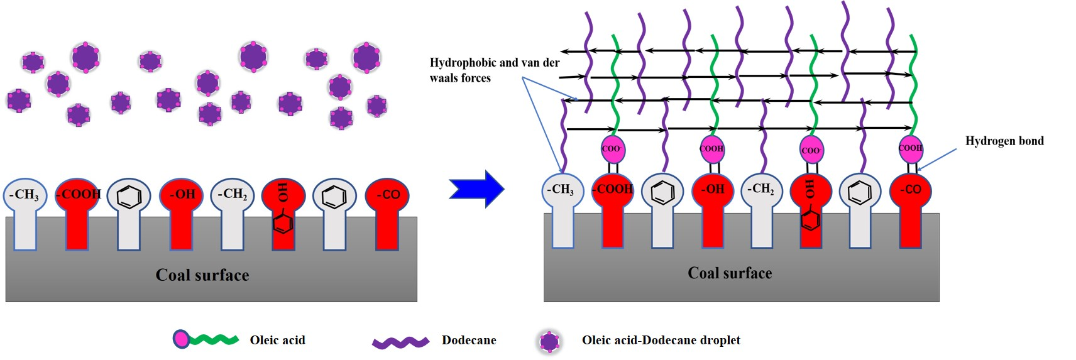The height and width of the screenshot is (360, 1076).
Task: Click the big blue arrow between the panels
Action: click(476, 188)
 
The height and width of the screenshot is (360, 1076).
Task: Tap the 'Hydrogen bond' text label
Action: click(1004, 141)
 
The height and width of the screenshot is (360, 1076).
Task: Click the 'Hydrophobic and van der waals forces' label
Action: click(494, 70)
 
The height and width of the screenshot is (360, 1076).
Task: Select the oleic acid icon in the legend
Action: click(206, 339)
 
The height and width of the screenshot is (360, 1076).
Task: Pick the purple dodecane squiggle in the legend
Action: click(400, 342)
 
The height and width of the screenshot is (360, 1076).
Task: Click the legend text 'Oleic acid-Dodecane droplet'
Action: click(661, 341)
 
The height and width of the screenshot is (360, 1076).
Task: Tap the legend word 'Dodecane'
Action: click(469, 341)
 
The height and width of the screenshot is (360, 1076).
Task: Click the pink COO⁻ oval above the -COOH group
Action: click(612, 149)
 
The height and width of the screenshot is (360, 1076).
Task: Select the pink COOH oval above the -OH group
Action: click(712, 149)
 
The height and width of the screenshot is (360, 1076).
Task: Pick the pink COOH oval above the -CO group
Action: click(911, 148)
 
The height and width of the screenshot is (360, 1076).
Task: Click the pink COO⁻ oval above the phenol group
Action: click(811, 150)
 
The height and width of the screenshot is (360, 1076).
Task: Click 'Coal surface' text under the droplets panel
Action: click(202, 275)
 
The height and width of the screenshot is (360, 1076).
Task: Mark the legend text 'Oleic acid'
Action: click(277, 341)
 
